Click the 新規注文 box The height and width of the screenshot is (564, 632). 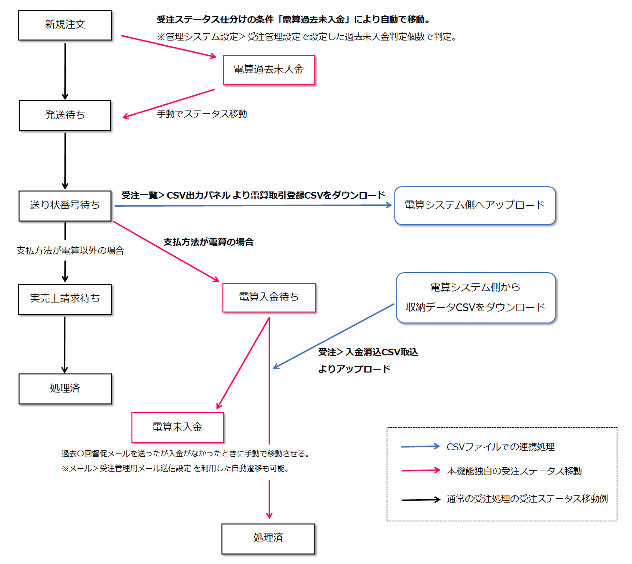tap(65, 25)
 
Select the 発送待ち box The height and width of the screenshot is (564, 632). tap(65, 115)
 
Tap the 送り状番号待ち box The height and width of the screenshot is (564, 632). tap(65, 206)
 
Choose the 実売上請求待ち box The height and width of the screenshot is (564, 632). tap(65, 299)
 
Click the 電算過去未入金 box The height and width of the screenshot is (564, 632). tap(269, 70)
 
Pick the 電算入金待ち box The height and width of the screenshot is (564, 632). tap(269, 298)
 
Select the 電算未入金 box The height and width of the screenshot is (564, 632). tap(177, 427)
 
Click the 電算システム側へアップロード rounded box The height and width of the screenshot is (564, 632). tap(475, 205)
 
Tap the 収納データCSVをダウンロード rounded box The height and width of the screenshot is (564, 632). tap(476, 298)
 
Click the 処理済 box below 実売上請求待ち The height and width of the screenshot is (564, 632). tap(65, 389)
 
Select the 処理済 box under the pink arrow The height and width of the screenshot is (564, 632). tap(268, 538)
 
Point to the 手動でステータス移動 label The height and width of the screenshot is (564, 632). tap(202, 114)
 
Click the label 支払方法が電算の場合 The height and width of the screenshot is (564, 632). tap(208, 242)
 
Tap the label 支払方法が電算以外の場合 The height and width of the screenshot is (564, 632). tap(70, 251)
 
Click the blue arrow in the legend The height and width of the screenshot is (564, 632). tap(421, 446)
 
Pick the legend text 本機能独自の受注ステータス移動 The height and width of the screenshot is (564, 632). tap(514, 471)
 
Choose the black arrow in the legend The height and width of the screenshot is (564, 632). tap(421, 500)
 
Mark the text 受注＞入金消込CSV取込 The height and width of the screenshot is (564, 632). tap(368, 352)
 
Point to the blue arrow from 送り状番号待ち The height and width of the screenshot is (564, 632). tap(252, 206)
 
